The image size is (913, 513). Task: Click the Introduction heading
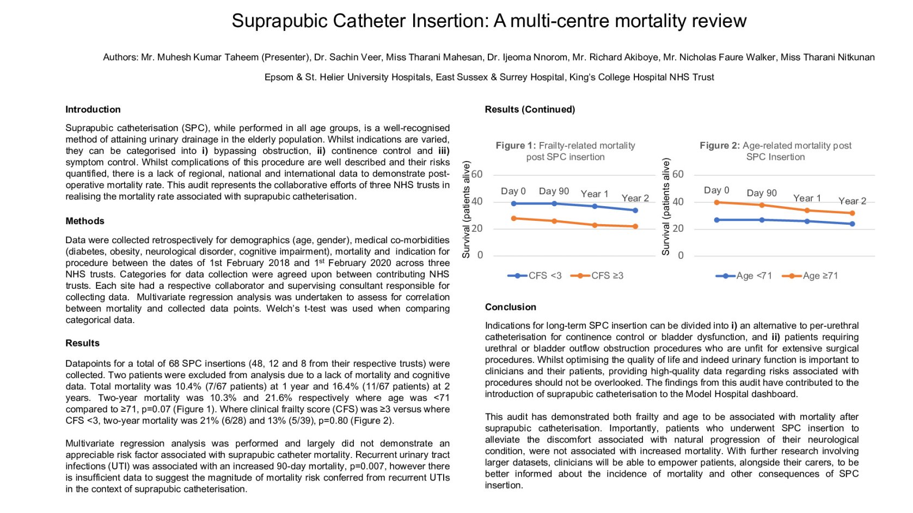pyautogui.click(x=93, y=109)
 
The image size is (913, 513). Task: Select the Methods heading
pyautogui.click(x=85, y=221)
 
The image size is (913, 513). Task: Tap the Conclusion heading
pyautogui.click(x=511, y=307)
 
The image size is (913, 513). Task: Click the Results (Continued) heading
pyautogui.click(x=530, y=109)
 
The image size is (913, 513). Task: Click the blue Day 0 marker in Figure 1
pyautogui.click(x=513, y=203)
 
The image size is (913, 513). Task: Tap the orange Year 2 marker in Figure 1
pyautogui.click(x=635, y=226)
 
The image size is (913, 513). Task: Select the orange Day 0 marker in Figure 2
pyautogui.click(x=716, y=202)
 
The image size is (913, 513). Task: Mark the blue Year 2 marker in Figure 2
pyautogui.click(x=852, y=224)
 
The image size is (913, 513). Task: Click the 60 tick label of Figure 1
pyautogui.click(x=477, y=175)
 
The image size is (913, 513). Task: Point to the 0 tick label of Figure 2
pyautogui.click(x=681, y=256)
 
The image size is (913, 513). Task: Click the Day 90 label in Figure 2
pyautogui.click(x=762, y=193)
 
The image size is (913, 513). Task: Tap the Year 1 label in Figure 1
pyautogui.click(x=595, y=194)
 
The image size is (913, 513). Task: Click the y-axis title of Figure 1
pyautogui.click(x=467, y=209)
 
